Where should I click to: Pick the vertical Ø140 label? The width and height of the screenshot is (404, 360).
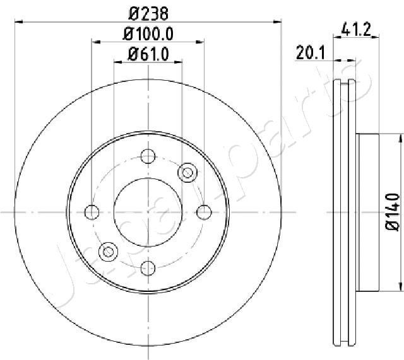[x=391, y=213]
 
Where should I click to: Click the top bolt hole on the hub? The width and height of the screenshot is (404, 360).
[x=148, y=156]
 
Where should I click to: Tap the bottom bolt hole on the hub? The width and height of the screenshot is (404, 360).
[x=148, y=267]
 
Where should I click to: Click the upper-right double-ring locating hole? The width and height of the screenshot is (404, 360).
[x=187, y=172]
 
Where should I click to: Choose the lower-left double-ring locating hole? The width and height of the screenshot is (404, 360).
[x=109, y=251]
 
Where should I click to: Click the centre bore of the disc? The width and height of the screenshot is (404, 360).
[x=148, y=211]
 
